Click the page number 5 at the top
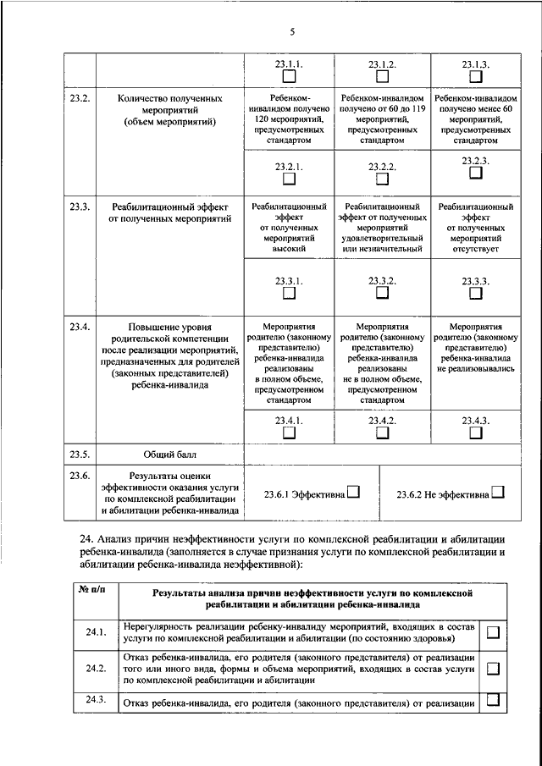click(291, 31)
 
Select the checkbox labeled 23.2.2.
click(382, 179)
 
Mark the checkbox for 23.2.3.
click(475, 173)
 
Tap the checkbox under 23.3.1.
click(290, 293)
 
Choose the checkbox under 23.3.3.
click(475, 293)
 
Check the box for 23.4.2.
click(382, 433)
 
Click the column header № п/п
click(91, 589)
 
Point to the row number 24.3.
click(94, 698)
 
